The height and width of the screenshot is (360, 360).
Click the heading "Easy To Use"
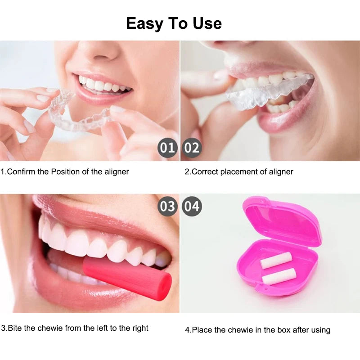tap(174, 23)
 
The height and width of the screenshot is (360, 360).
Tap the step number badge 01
tap(167, 148)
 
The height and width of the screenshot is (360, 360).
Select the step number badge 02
tap(192, 148)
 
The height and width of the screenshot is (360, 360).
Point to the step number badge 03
tap(167, 207)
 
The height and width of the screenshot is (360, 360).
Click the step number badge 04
tap(192, 207)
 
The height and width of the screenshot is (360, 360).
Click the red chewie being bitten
tap(128, 277)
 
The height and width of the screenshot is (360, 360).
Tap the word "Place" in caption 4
tap(201, 330)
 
